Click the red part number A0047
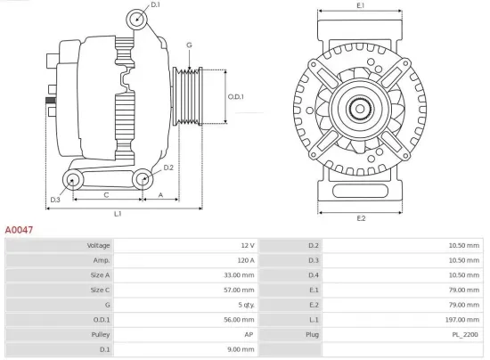pos(20,229)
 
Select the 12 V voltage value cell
pos(247,245)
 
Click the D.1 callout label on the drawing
pos(155,6)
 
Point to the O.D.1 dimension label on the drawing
pos(235,96)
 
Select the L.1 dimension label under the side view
pos(117,214)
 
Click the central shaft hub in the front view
pos(360,111)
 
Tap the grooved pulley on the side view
pos(188,96)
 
